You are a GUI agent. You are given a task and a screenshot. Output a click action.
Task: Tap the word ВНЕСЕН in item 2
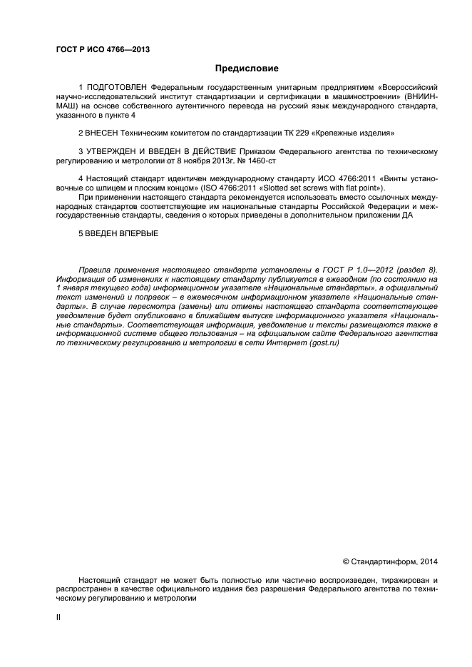pos(103,133)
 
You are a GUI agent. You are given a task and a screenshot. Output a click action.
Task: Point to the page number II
pos(58,618)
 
